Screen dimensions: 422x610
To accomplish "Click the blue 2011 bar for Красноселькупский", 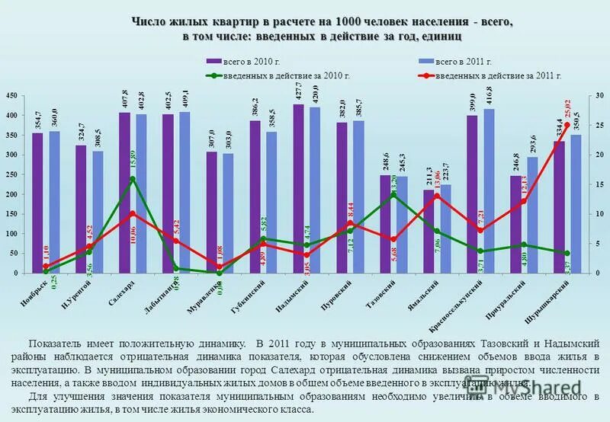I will click(x=489, y=190).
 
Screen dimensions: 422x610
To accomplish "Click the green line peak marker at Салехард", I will click(x=133, y=179).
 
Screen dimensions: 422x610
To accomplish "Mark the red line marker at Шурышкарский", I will click(x=567, y=125).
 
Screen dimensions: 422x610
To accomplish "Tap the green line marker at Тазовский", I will click(x=393, y=194).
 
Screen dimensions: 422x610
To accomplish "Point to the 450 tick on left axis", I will click(x=11, y=95).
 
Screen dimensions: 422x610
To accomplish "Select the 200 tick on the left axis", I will click(x=11, y=194).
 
